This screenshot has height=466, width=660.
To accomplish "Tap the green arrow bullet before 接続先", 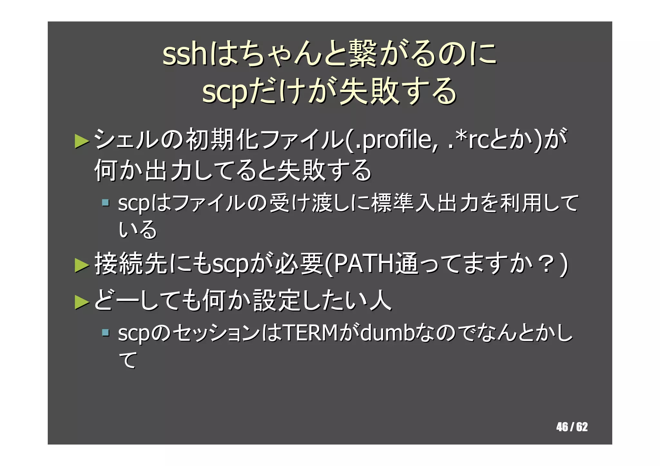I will point(82,265).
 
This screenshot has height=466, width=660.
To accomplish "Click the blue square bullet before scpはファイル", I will point(105,203).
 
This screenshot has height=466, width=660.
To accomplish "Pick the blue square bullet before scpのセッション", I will point(105,332).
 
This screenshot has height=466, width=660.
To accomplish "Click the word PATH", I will point(364,264).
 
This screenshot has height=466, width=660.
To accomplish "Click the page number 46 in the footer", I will point(562,427).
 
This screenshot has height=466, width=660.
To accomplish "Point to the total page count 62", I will point(582,427).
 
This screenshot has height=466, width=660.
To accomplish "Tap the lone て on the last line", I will point(128,360).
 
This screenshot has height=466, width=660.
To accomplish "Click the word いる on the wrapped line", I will point(138,230).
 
